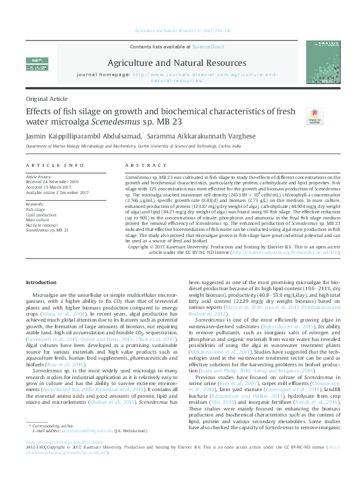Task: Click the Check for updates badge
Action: (x=314, y=116)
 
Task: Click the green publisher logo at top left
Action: (x=36, y=61)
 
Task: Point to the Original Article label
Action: (x=47, y=99)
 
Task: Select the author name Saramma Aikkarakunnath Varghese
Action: (x=197, y=137)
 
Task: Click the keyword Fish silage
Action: (x=35, y=209)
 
